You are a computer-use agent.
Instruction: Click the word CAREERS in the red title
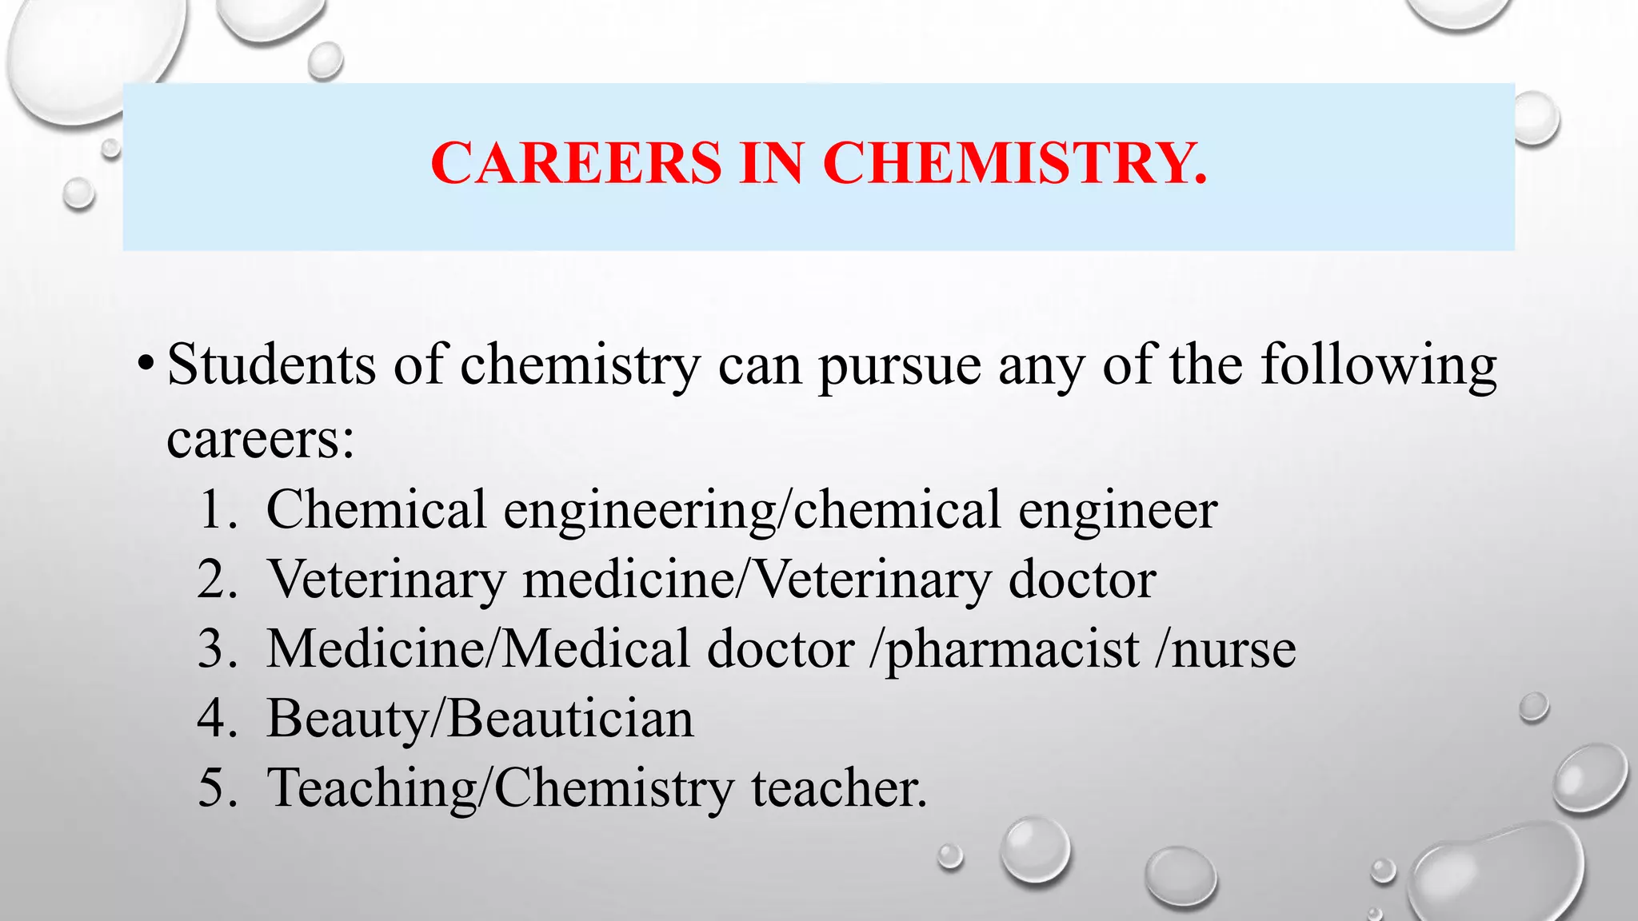coord(575,163)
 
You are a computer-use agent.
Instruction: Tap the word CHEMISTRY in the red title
coord(1014,163)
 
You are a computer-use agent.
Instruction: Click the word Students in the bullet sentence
coord(272,365)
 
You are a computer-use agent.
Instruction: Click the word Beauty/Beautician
coord(480,719)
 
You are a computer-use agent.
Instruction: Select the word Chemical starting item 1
coord(376,509)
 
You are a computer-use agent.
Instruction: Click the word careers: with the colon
coord(260,439)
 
